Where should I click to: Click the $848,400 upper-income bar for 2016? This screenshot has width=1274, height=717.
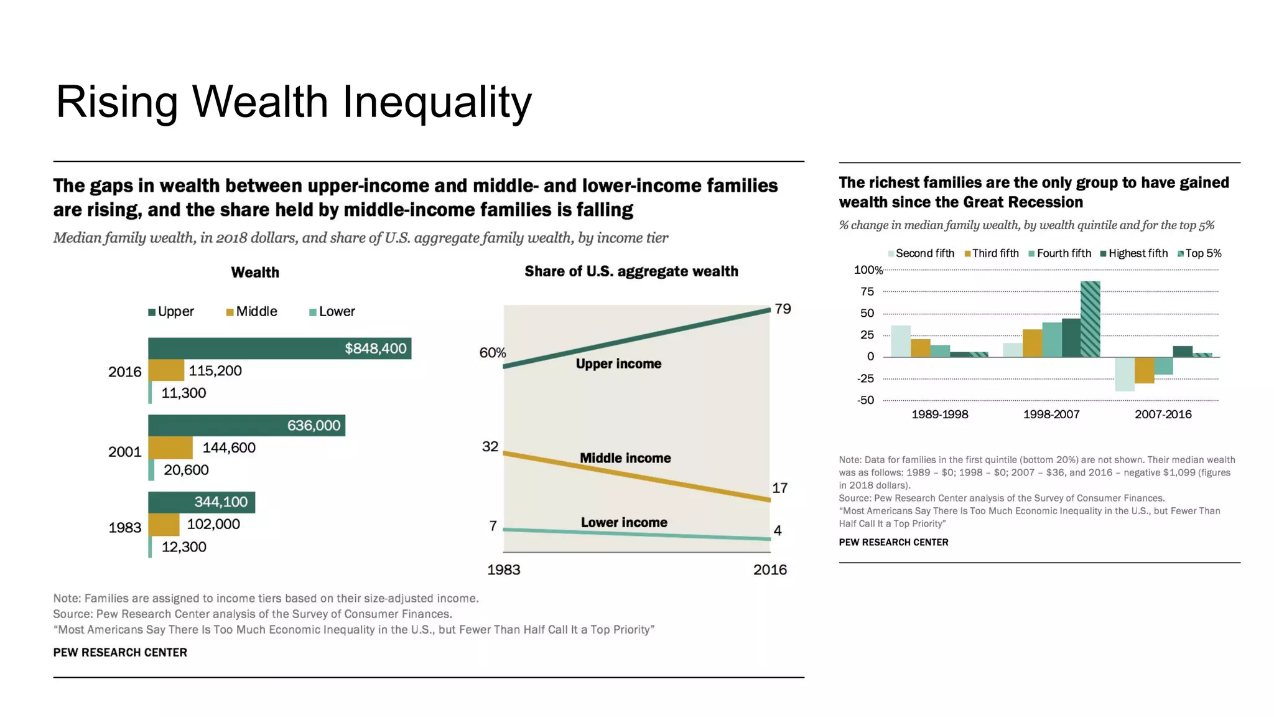[x=279, y=349]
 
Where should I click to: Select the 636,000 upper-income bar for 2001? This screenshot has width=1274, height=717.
[x=246, y=426]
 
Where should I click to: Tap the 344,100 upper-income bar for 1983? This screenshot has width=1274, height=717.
[x=202, y=502]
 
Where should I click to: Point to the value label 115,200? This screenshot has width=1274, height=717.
[x=215, y=371]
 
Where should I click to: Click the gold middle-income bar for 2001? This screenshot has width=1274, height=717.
[x=170, y=448]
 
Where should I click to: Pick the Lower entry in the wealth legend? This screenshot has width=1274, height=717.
[x=332, y=312]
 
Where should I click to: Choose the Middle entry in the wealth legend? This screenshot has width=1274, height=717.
[x=252, y=312]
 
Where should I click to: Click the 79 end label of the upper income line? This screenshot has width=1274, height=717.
[x=783, y=309]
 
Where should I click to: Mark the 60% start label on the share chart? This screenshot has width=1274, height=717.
[x=493, y=353]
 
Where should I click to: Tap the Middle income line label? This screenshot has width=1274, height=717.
[x=625, y=458]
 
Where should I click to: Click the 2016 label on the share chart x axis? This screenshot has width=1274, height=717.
[x=770, y=569]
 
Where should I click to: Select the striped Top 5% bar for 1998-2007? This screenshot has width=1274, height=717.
[x=1090, y=319]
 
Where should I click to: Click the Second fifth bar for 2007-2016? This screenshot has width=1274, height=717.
[x=1124, y=374]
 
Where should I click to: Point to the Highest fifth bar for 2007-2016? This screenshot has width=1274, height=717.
[x=1183, y=352]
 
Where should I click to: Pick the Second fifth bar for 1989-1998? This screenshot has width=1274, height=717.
[x=901, y=341]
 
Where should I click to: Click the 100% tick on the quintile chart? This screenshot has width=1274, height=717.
[x=868, y=270]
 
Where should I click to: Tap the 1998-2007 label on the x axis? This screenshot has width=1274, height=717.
[x=1051, y=415]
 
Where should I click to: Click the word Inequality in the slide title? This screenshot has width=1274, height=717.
[x=437, y=101]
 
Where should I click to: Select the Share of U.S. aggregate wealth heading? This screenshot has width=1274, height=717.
[x=631, y=271]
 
